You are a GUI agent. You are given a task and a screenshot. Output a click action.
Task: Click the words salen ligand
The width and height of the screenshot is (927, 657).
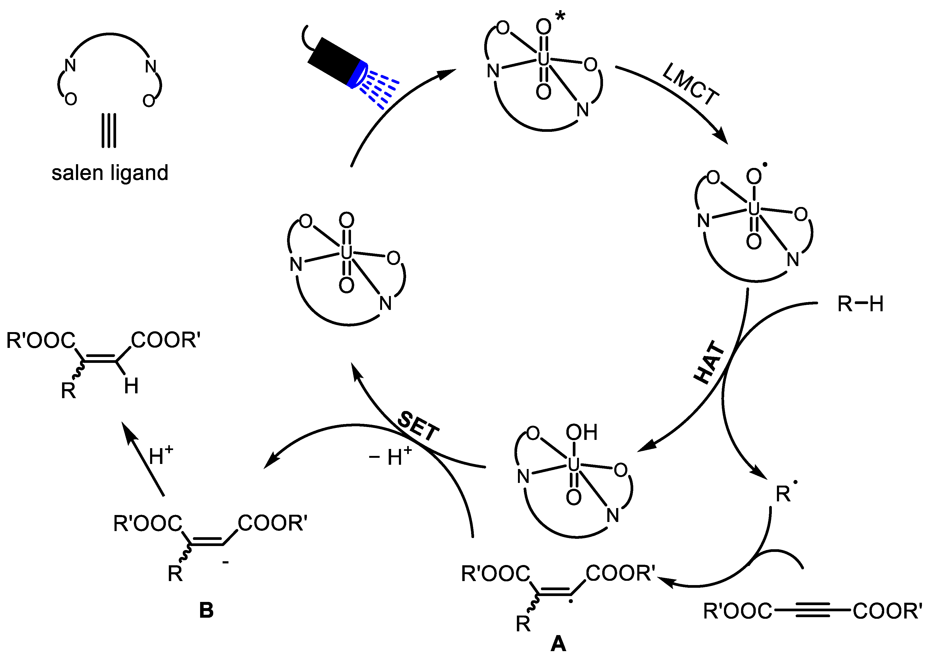(x=110, y=173)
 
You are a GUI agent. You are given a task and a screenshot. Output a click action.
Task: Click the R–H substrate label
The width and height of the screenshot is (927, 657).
(x=860, y=304)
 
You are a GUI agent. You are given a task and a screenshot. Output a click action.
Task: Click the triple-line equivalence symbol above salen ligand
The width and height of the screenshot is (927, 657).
(x=109, y=130)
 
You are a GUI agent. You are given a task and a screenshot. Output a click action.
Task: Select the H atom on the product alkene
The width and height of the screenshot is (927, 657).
(x=131, y=386)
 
